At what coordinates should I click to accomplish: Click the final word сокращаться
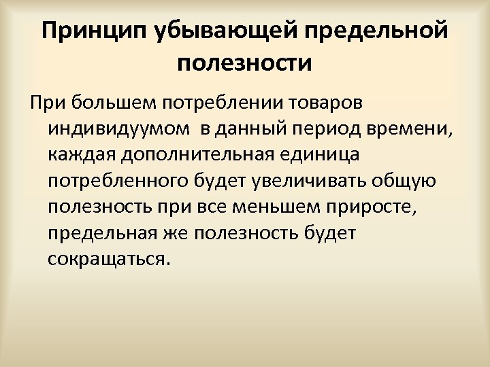tap(107, 259)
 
